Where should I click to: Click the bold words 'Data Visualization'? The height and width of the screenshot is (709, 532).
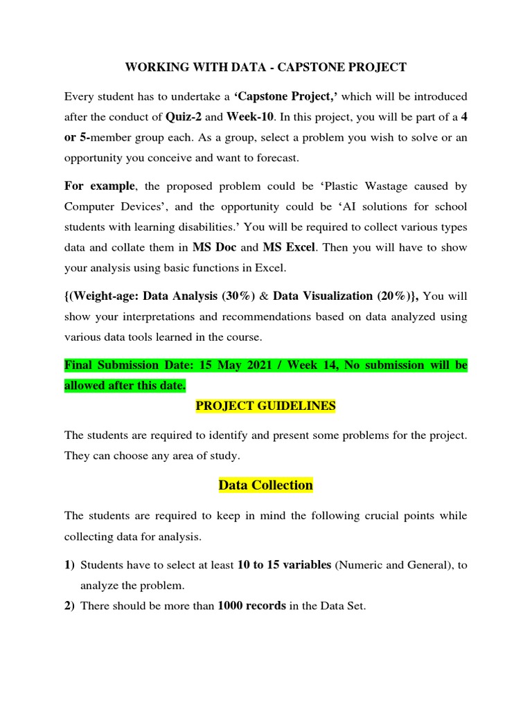point(323,296)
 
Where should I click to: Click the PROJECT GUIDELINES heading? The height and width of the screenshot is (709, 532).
point(266,406)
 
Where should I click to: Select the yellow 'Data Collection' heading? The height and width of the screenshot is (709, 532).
point(266,485)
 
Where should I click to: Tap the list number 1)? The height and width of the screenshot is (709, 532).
point(70,565)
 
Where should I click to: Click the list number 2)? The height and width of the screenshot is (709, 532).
point(70,606)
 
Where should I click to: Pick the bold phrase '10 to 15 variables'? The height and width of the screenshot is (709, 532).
point(284,565)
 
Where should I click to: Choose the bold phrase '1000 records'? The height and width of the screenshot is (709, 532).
point(251,606)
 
